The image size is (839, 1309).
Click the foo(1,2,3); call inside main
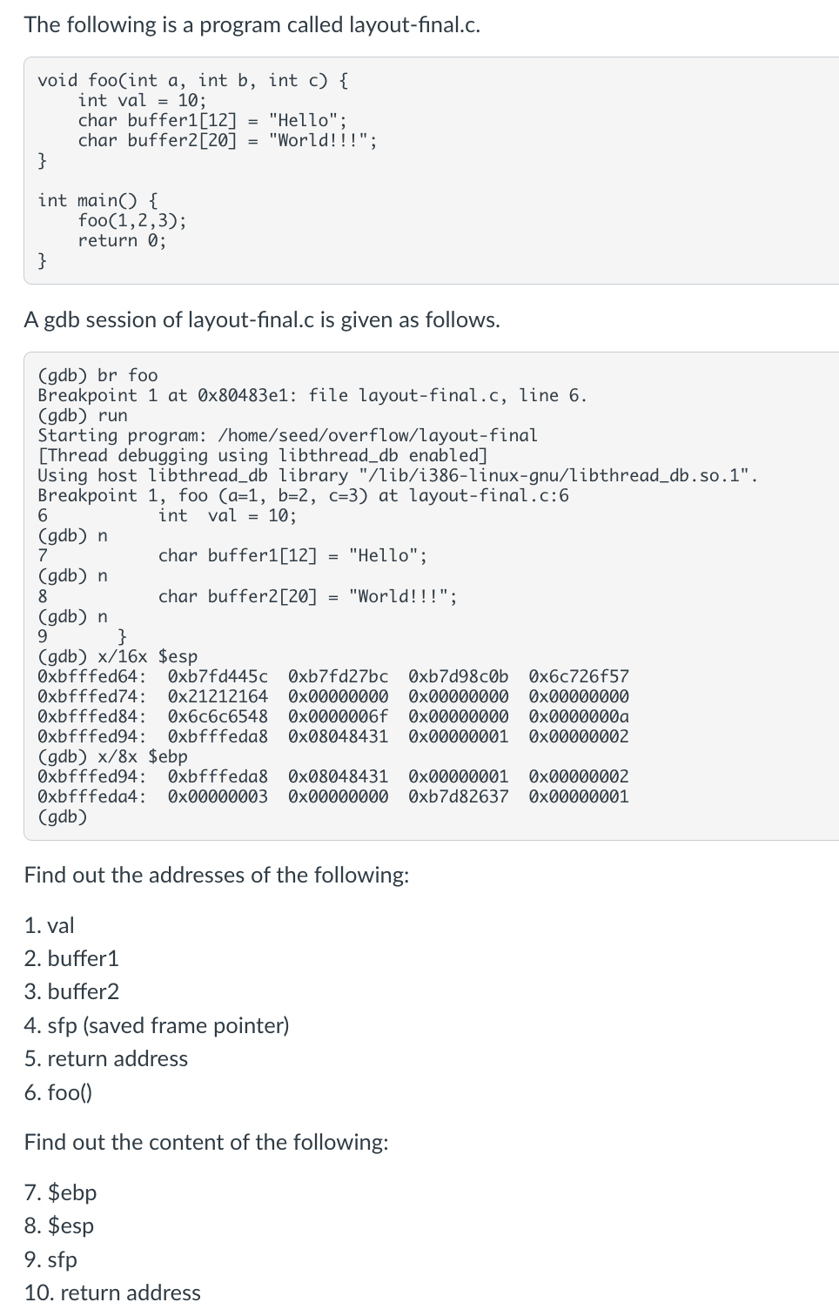point(131,220)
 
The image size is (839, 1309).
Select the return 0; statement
point(122,240)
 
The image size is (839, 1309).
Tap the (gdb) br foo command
point(97,375)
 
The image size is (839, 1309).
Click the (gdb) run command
point(83,415)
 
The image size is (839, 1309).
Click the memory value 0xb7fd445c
point(218,676)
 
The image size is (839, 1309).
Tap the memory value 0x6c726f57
point(579,676)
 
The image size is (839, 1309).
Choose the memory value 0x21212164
point(218,696)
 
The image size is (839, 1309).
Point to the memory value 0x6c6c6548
point(218,716)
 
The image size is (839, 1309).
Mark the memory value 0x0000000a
point(579,716)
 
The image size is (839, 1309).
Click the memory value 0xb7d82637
point(459,796)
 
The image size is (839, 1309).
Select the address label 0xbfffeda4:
point(91,796)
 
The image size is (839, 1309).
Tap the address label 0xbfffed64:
point(91,676)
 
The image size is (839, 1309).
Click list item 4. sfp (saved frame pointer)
point(157,1025)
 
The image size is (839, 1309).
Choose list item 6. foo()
point(58,1092)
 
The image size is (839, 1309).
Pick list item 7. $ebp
point(61,1192)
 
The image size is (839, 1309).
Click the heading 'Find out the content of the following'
point(206,1142)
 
